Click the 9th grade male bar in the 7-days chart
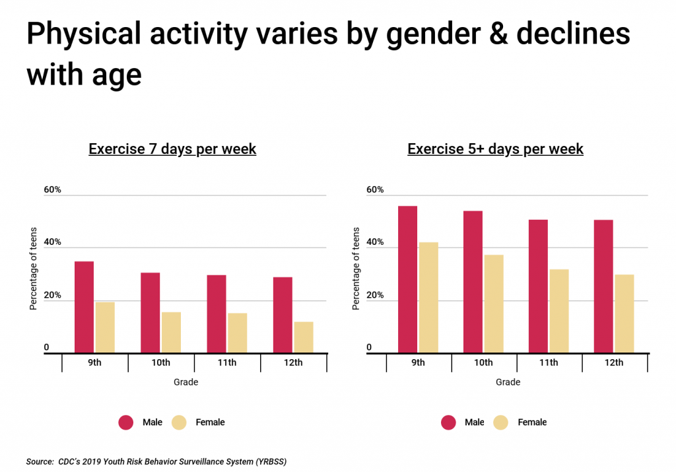[x=84, y=307]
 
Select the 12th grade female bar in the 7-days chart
[x=304, y=337]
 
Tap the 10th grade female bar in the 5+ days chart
[x=493, y=304]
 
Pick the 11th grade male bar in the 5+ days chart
[x=538, y=286]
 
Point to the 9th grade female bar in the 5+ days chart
[x=428, y=297]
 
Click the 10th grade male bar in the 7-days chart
[x=150, y=313]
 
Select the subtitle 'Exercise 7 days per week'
[x=172, y=149]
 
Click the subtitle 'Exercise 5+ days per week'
[x=495, y=149]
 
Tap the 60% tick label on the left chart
[x=53, y=190]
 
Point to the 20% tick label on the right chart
[x=375, y=295]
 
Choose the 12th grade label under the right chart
[x=614, y=363]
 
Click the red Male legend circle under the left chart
[x=125, y=422]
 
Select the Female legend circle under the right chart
[x=501, y=422]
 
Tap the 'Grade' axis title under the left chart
[x=186, y=382]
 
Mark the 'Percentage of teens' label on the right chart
[x=356, y=269]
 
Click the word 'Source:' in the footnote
[x=40, y=461]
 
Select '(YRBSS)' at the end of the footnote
[x=266, y=461]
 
